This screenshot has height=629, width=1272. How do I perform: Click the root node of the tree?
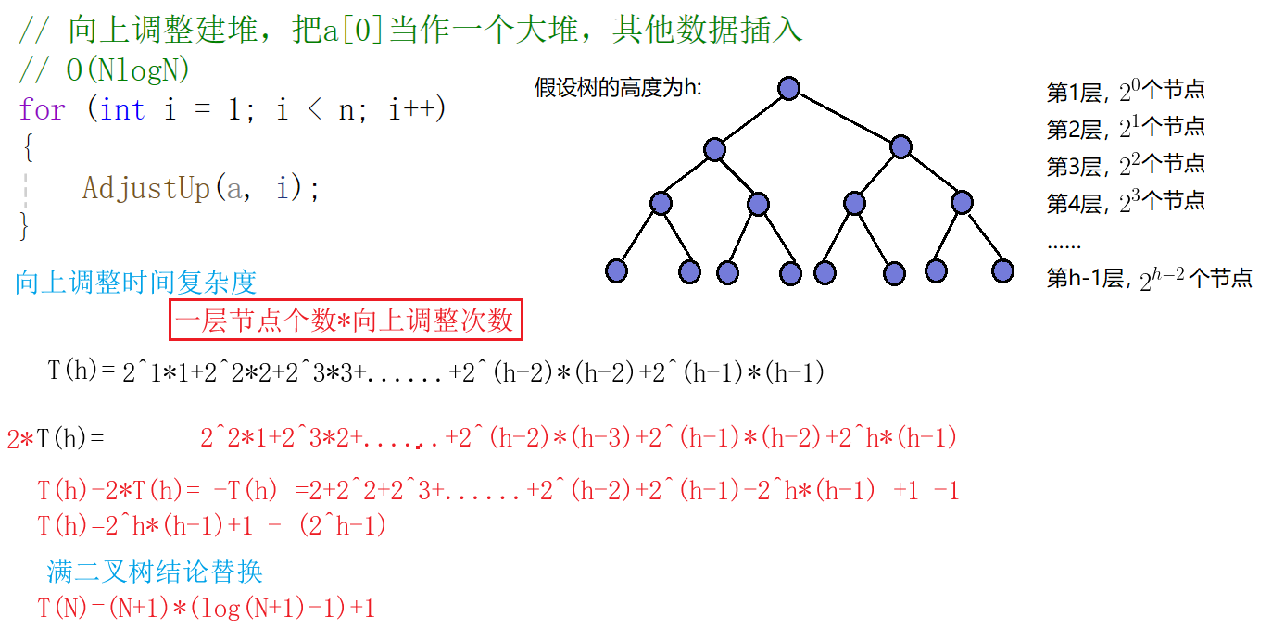(788, 88)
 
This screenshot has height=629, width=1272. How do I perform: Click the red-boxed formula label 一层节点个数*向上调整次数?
(346, 321)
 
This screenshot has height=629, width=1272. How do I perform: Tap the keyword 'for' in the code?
(42, 110)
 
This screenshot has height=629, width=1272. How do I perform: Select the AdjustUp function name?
(146, 188)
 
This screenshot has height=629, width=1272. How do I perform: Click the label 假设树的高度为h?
(618, 89)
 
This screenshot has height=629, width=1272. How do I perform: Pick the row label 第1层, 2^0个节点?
(1126, 91)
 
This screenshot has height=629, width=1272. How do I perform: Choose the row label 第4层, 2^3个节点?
(1126, 202)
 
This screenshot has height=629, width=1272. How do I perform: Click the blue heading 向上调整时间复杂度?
(135, 283)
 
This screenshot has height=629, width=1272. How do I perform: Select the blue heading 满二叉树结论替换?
(155, 571)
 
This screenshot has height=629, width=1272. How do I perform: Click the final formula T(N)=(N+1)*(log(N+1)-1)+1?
(206, 609)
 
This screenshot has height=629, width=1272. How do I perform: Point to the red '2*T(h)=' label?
(56, 438)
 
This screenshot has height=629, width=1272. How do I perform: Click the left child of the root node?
(713, 148)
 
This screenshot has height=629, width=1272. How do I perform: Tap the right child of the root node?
(900, 146)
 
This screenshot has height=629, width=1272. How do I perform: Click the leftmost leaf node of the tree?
(616, 270)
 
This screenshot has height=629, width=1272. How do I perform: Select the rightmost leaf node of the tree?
(1002, 270)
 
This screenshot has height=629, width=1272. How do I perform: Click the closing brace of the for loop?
(25, 225)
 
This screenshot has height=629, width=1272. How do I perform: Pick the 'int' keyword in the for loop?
(122, 110)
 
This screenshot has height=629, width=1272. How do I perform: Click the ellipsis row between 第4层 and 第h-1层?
(1064, 245)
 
